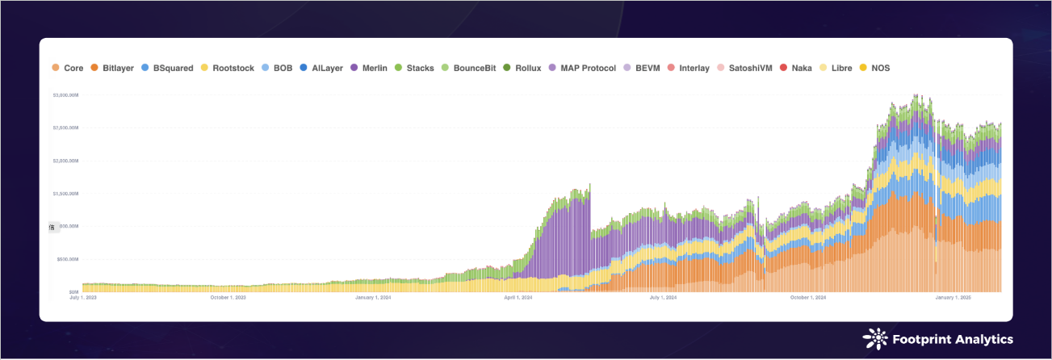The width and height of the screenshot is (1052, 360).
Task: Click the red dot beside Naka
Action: (784, 69)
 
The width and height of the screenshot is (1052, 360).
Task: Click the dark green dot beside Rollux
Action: (506, 69)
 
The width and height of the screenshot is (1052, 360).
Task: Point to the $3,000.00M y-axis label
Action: (65, 95)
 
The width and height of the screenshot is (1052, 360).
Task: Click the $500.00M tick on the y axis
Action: (67, 259)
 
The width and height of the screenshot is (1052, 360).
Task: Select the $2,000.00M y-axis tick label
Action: (65, 161)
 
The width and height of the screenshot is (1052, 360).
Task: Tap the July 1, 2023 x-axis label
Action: (84, 298)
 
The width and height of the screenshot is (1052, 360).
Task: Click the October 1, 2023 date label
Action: (229, 298)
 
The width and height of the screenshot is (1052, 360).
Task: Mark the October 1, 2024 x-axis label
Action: (808, 298)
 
